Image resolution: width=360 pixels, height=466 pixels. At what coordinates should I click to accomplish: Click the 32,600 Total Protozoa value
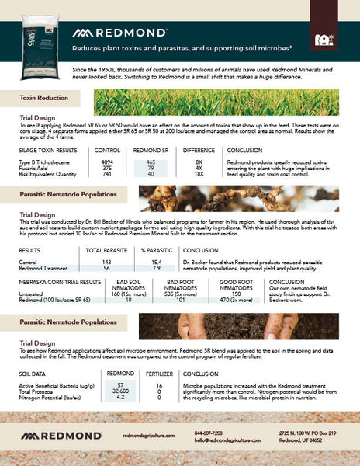[x=120, y=391]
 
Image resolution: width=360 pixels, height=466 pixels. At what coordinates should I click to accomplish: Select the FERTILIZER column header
[x=158, y=374]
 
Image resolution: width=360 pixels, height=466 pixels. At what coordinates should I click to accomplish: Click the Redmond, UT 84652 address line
[x=302, y=439]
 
